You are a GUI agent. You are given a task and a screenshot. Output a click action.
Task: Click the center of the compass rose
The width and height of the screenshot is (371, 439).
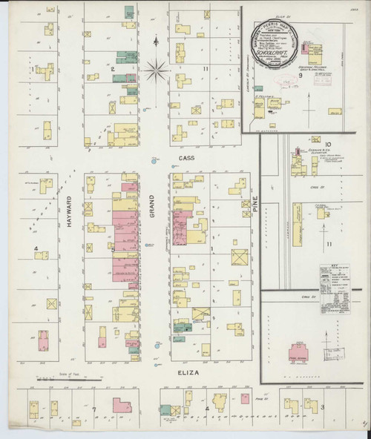tap(157, 71)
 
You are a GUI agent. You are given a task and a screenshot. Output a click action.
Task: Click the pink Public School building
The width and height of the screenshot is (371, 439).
tap(300, 351)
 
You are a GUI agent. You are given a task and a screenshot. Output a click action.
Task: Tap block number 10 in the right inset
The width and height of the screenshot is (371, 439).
tap(326, 145)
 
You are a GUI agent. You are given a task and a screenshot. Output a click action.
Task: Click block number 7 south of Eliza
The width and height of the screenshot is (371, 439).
tap(94, 409)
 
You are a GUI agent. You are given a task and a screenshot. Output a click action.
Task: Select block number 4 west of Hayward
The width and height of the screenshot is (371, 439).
tap(36, 257)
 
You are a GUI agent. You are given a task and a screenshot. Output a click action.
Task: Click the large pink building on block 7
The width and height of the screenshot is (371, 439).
tap(122, 406)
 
